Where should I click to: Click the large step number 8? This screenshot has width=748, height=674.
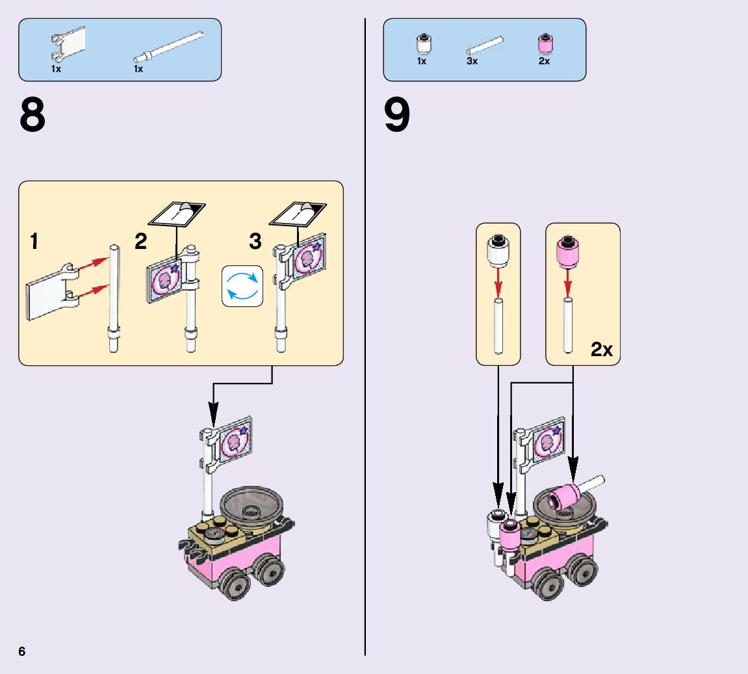[x=32, y=116]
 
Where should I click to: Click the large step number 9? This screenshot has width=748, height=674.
[x=397, y=116]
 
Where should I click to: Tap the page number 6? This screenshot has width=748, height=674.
[x=22, y=651]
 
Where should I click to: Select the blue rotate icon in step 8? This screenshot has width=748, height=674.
[x=242, y=285]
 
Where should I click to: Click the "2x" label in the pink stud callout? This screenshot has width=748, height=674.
[x=601, y=350]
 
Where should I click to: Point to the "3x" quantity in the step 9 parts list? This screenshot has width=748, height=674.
[x=472, y=61]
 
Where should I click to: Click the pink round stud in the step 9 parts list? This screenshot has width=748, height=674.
[x=545, y=44]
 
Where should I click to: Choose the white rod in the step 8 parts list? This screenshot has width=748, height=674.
[x=168, y=48]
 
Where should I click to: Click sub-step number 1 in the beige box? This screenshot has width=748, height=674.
[x=34, y=242]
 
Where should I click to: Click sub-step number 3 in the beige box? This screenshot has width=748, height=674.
[x=255, y=242]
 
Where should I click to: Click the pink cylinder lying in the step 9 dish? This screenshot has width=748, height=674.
[x=564, y=499]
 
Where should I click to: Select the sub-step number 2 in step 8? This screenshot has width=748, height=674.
[x=141, y=242]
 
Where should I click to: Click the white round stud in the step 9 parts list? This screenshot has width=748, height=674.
[x=423, y=44]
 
